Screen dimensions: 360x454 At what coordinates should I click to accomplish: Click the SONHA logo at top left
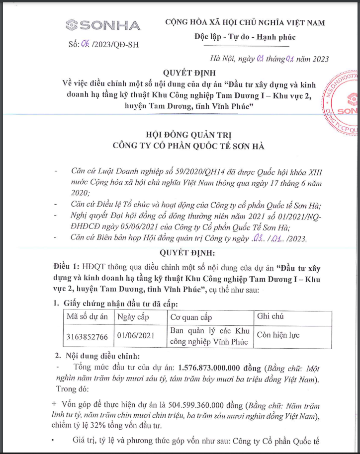click(103, 25)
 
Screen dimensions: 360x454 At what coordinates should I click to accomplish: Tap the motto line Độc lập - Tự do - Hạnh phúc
click(245, 37)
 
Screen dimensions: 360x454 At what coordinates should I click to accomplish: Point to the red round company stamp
click(344, 109)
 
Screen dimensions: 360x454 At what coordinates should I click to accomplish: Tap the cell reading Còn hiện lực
click(278, 335)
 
